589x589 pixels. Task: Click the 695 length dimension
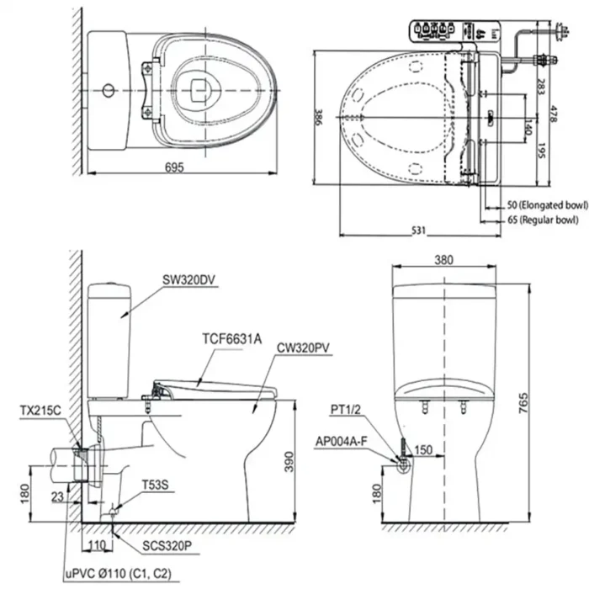(173, 167)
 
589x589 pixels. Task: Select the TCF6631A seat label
(231, 339)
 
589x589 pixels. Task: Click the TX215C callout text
(39, 411)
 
